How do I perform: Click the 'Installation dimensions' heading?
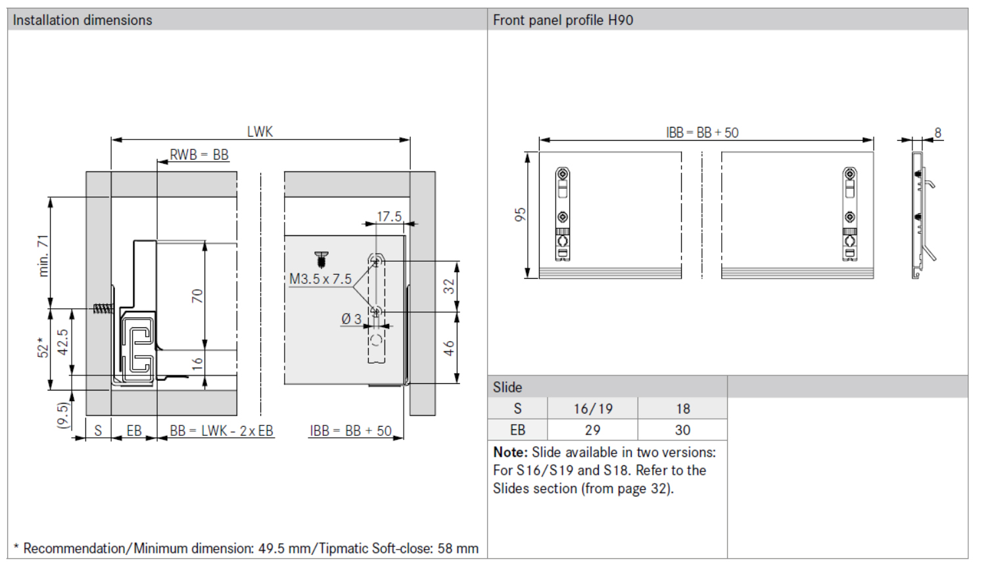pos(82,20)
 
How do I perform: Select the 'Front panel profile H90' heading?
pos(563,20)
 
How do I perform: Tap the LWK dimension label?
pos(260,131)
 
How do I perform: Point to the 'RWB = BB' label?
pos(199,154)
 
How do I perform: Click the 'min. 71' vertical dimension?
pos(43,256)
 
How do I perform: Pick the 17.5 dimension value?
pos(389,216)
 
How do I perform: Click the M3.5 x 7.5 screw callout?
pos(320,279)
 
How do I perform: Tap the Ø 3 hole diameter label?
pos(351,319)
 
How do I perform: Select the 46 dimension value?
pos(448,348)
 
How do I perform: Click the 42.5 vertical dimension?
pos(63,342)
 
